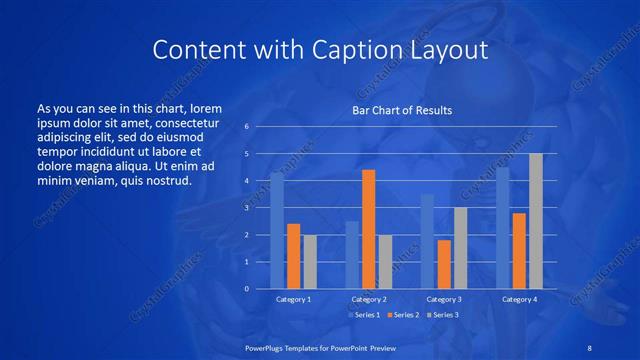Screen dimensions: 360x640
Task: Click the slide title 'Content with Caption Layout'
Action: tap(320, 49)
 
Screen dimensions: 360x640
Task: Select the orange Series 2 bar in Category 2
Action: tap(368, 229)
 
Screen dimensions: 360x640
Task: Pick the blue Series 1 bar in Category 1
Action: tap(277, 230)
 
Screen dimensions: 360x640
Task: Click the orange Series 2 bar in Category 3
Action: tap(443, 264)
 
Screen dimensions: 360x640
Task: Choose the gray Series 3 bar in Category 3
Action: tap(460, 248)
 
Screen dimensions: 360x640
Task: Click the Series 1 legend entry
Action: tap(364, 315)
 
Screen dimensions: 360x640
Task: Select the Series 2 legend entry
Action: tap(402, 315)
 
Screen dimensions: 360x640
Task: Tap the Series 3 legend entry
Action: tap(441, 315)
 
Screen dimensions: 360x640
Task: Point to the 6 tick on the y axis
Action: tap(247, 127)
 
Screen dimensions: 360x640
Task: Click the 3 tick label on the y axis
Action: tap(247, 208)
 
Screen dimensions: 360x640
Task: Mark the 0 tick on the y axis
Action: tap(247, 289)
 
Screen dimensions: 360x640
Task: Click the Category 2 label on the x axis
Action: tap(368, 299)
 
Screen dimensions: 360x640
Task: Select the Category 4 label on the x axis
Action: tap(519, 299)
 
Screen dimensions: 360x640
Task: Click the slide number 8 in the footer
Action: tap(587, 347)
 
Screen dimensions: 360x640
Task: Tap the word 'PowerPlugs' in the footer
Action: tap(267, 347)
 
